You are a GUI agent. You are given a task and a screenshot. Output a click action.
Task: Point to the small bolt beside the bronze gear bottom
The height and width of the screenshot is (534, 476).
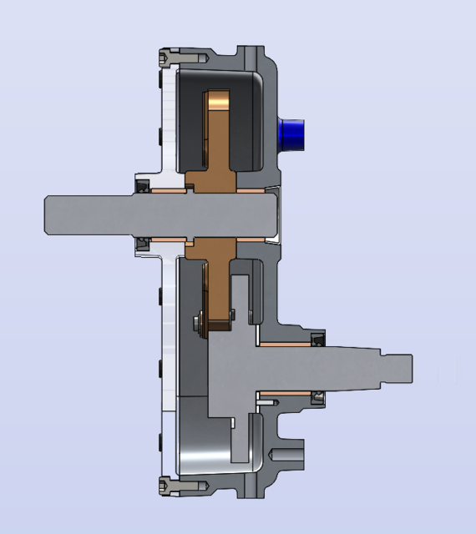pyautogui.click(x=198, y=323)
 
